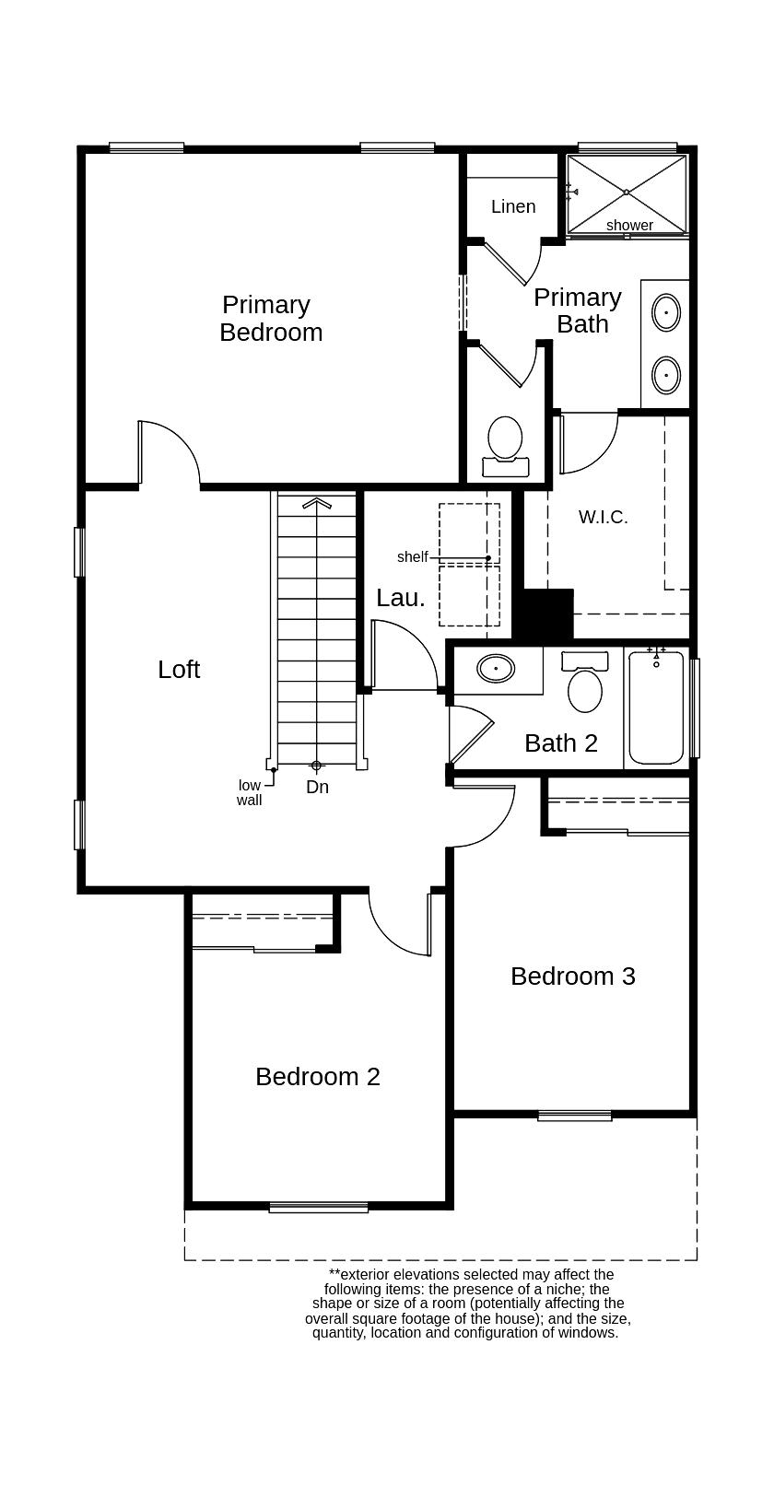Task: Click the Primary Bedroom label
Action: click(271, 318)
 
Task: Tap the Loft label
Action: click(179, 670)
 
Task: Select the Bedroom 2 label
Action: click(318, 1076)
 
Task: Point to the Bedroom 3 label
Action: click(573, 976)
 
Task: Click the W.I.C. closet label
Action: click(604, 517)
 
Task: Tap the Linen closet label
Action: click(513, 206)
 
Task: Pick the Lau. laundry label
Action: click(401, 598)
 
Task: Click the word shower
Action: click(629, 225)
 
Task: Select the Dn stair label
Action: click(317, 787)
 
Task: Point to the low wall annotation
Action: click(250, 792)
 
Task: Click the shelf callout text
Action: click(413, 556)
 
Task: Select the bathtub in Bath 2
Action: click(657, 707)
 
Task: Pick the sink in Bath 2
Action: click(497, 668)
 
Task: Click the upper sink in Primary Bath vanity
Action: click(666, 312)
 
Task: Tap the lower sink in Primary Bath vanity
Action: click(666, 375)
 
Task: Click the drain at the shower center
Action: click(627, 192)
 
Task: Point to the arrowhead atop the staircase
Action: click(316, 502)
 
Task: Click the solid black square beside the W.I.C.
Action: click(543, 613)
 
